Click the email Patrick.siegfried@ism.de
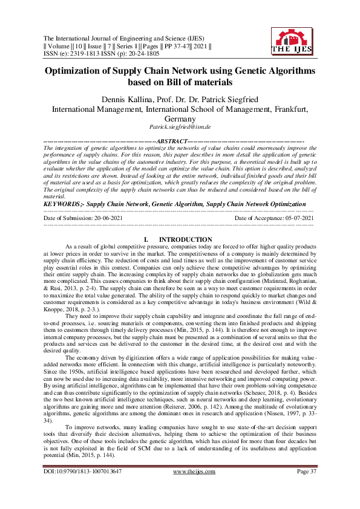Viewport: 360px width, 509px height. (180, 128)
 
